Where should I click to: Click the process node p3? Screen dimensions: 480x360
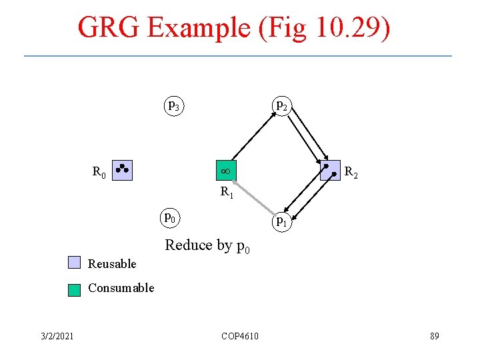click(x=173, y=105)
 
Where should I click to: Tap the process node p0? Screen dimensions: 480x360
click(x=171, y=217)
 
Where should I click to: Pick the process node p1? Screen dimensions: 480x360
click(x=282, y=220)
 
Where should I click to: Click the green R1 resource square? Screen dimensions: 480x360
click(x=225, y=171)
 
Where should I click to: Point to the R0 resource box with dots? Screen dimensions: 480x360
click(x=123, y=171)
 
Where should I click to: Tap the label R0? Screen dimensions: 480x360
click(x=99, y=173)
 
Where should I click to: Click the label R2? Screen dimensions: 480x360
click(x=351, y=174)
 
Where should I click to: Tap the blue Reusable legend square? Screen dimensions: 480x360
click(x=74, y=263)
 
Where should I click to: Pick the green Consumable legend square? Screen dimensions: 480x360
click(x=74, y=289)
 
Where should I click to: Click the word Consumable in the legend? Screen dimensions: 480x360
click(x=121, y=288)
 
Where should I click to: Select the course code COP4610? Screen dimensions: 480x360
click(x=240, y=336)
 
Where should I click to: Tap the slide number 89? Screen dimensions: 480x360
click(x=434, y=336)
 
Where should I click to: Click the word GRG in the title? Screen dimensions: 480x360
click(x=109, y=28)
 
